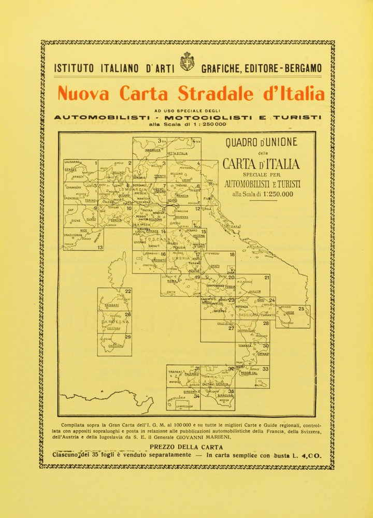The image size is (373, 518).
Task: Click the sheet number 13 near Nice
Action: point(99,248)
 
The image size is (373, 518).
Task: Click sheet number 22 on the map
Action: point(127,292)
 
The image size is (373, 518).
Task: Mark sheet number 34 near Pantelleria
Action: point(196,396)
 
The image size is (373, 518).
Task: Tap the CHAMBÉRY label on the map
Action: point(74,188)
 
